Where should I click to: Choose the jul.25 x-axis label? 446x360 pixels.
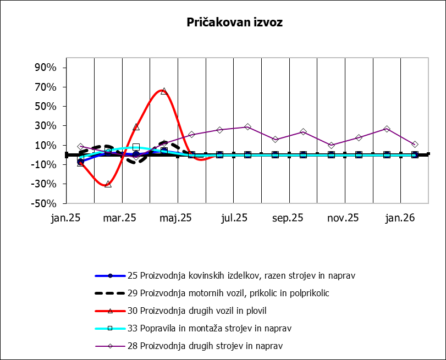click(x=233, y=218)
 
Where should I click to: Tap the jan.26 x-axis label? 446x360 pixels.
click(x=400, y=218)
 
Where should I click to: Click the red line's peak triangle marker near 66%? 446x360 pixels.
click(x=164, y=91)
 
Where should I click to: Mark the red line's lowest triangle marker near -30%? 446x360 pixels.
click(x=108, y=184)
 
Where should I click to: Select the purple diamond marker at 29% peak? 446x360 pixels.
click(x=247, y=127)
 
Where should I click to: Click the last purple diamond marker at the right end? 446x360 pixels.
click(x=415, y=144)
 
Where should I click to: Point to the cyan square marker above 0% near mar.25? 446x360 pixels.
click(x=136, y=147)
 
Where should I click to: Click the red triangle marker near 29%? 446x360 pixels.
click(x=136, y=127)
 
